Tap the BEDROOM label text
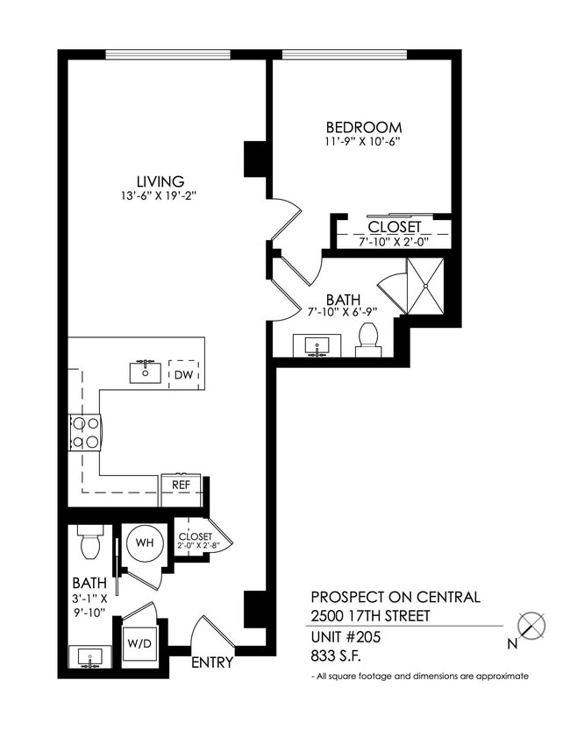coord(363,127)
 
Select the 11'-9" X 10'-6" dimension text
coord(363,141)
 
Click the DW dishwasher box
coord(184,374)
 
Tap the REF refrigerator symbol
coord(181,484)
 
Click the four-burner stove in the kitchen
coord(85,432)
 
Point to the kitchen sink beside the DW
coord(146,372)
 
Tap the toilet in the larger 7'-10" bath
coord(368,340)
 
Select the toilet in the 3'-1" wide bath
coord(89,542)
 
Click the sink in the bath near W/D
coord(90,656)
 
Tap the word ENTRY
coord(212,663)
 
